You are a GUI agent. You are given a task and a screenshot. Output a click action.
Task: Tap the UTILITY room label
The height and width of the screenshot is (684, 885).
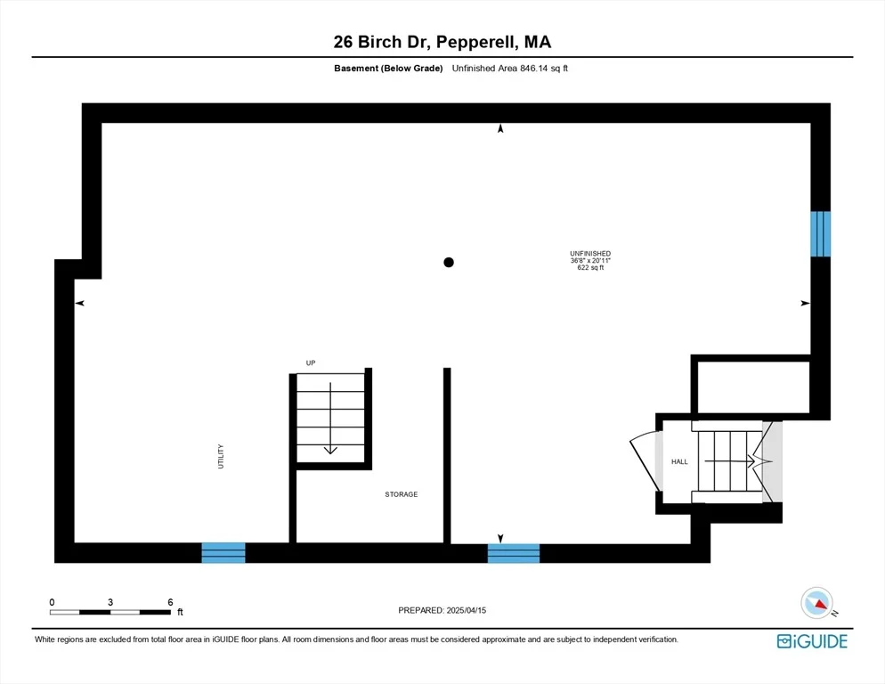221,456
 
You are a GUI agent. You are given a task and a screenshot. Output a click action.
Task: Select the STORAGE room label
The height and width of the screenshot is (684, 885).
402,494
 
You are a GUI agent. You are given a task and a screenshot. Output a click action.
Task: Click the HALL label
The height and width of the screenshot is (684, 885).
679,461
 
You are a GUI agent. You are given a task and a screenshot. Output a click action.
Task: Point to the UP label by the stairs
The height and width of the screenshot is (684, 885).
311,362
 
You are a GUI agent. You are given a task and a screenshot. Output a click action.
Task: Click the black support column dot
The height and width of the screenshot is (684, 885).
449,262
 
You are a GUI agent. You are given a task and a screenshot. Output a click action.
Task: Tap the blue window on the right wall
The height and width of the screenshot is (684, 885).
820,234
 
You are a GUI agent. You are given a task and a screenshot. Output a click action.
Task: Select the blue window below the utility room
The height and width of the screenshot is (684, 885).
223,552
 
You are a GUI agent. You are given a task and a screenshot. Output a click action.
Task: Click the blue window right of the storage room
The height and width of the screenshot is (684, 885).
514,553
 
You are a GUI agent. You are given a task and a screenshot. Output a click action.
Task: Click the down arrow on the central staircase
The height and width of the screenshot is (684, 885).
330,418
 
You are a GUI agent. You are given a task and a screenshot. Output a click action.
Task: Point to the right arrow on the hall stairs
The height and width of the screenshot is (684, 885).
730,461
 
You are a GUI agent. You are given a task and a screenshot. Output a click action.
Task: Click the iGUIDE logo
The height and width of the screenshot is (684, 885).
812,641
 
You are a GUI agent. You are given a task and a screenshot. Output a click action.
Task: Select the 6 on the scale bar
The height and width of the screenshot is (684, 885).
170,602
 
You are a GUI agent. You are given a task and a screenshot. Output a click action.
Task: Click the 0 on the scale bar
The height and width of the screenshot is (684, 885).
52,602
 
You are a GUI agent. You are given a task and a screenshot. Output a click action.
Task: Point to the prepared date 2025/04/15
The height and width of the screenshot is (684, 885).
467,610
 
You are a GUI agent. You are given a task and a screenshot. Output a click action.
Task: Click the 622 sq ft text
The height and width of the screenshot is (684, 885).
590,268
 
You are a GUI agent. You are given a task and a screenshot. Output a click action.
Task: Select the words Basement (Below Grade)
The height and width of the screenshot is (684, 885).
388,69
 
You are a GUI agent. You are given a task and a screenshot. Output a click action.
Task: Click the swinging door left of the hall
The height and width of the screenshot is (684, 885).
645,461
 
